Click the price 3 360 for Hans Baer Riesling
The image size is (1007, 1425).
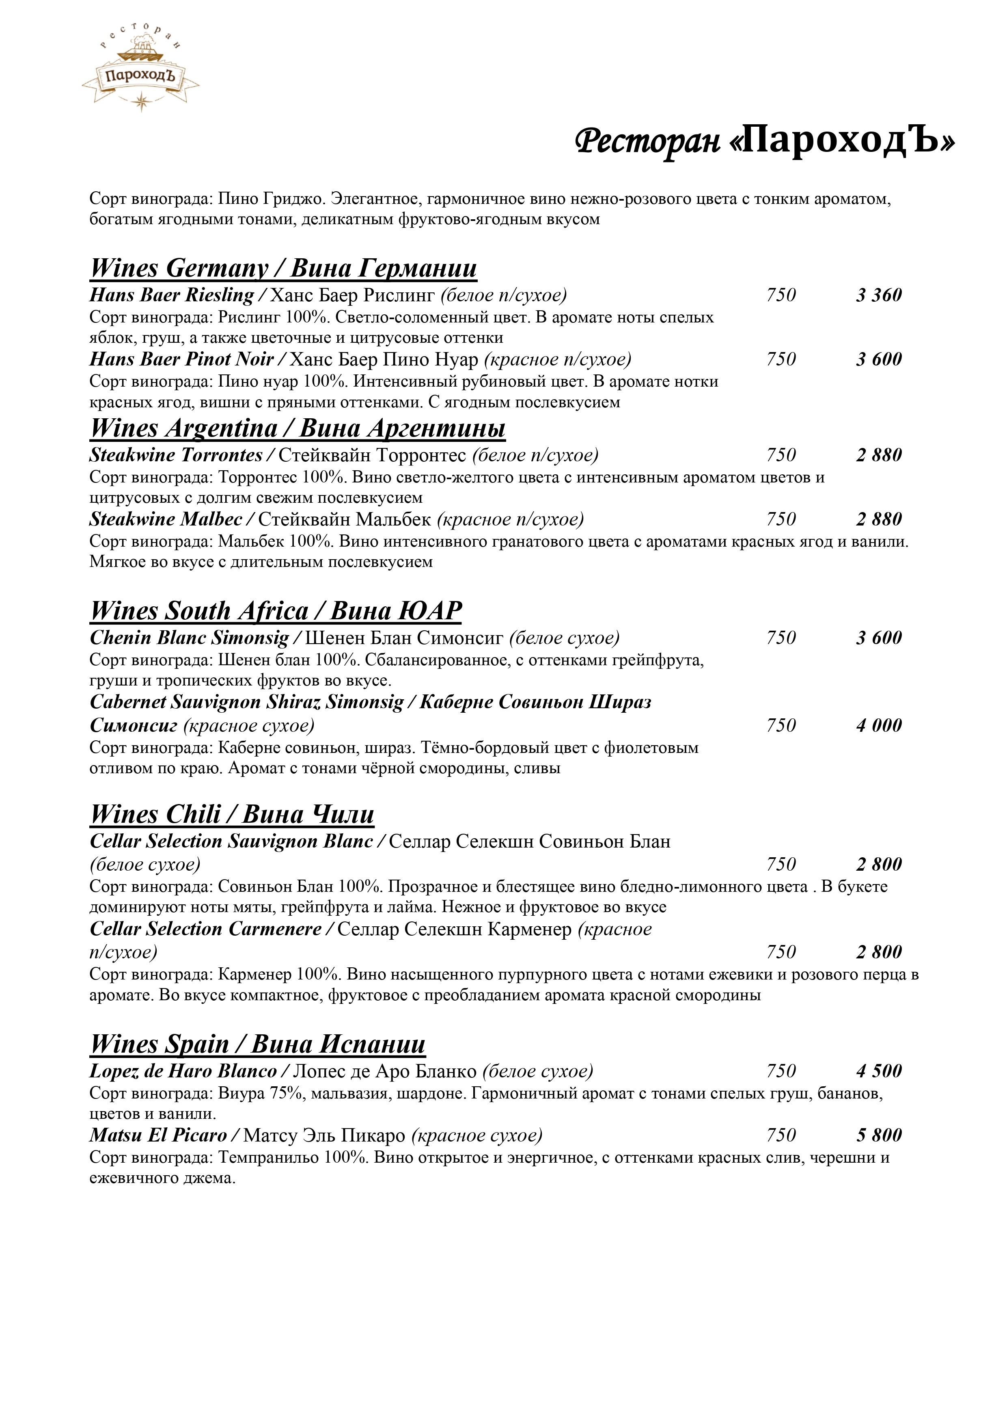pyautogui.click(x=879, y=295)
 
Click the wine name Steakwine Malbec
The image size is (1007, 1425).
pyautogui.click(x=166, y=519)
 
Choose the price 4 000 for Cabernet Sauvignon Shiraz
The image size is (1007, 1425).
pyautogui.click(x=879, y=726)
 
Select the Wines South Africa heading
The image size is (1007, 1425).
pyautogui.click(x=276, y=611)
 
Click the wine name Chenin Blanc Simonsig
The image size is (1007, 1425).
pyautogui.click(x=189, y=638)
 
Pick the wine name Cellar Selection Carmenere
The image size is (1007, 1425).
pyautogui.click(x=205, y=929)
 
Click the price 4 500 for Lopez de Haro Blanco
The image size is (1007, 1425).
pyautogui.click(x=879, y=1071)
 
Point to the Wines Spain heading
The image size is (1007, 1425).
pyautogui.click(x=257, y=1044)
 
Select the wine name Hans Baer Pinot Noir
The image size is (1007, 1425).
pyautogui.click(x=181, y=359)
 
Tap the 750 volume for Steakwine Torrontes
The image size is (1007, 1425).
pyautogui.click(x=781, y=456)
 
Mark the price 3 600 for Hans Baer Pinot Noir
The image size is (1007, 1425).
pyautogui.click(x=879, y=359)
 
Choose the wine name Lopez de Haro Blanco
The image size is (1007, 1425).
pyautogui.click(x=183, y=1071)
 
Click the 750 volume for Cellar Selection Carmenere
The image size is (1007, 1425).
pyautogui.click(x=781, y=952)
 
